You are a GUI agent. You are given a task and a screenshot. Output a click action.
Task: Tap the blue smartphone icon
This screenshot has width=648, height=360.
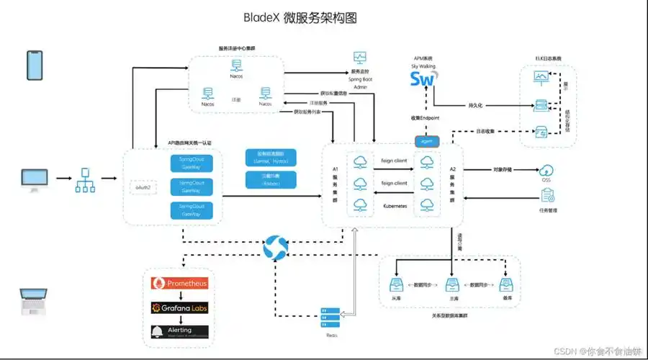[35, 66]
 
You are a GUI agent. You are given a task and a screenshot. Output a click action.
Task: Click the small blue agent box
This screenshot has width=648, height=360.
[426, 140]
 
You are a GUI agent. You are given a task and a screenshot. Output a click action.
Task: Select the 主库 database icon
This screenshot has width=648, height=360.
[451, 285]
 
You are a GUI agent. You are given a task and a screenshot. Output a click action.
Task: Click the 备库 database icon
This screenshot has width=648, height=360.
[508, 285]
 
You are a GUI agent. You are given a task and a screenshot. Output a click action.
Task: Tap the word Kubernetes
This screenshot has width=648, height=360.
[396, 206]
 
